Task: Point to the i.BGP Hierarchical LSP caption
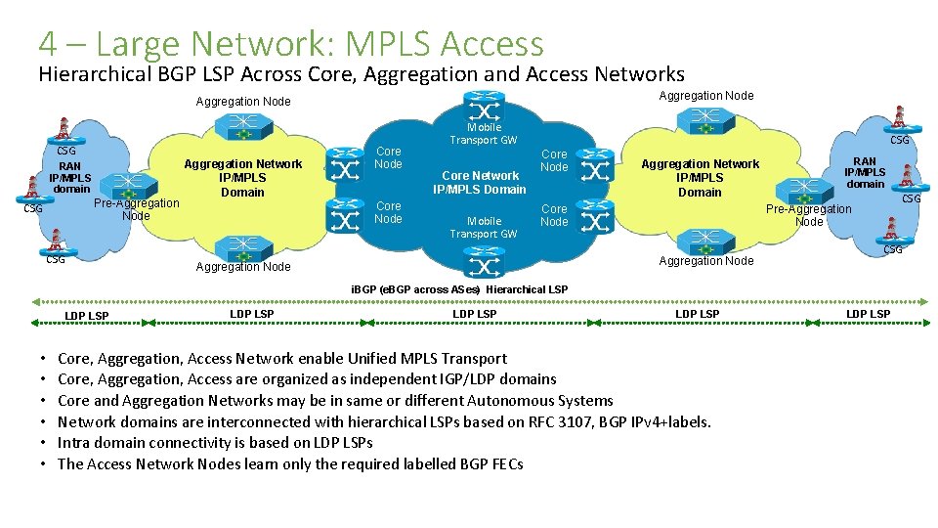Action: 458,289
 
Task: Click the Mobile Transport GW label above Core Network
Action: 484,134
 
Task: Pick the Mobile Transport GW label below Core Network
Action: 484,228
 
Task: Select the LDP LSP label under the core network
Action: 474,314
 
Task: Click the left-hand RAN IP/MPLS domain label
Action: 70,177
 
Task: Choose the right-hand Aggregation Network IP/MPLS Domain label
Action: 700,178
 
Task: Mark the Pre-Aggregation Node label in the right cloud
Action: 808,215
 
